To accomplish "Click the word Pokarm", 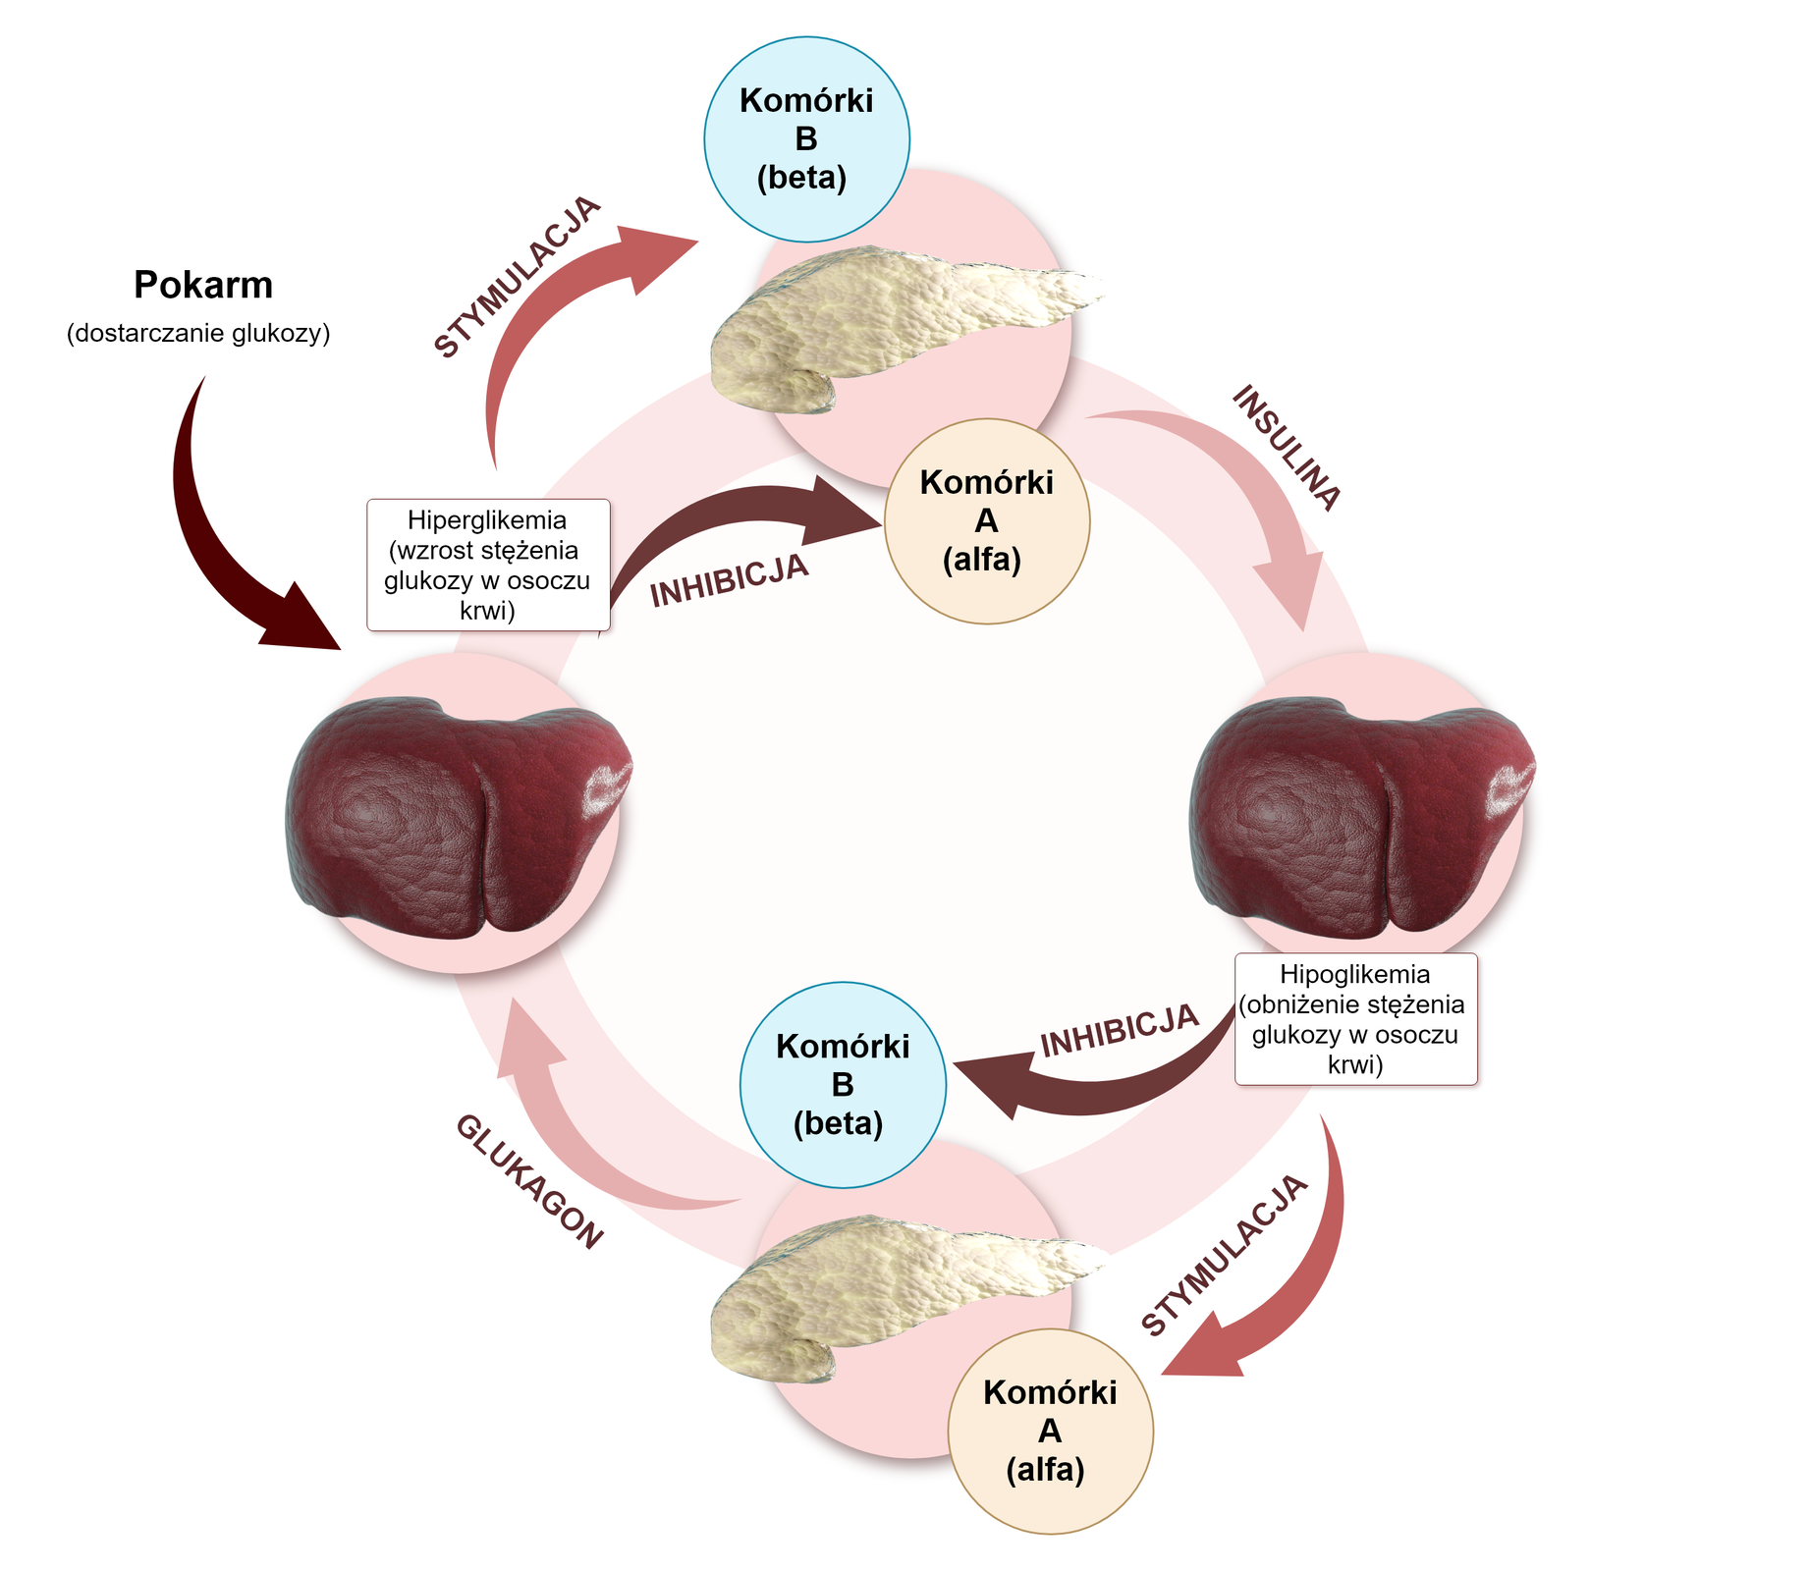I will (x=203, y=285).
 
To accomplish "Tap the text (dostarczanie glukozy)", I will (x=198, y=334).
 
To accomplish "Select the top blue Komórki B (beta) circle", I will (x=806, y=139).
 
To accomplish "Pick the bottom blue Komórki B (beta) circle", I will (x=843, y=1085).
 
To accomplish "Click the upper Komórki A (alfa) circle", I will (x=986, y=521).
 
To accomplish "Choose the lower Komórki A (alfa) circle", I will (x=1050, y=1431).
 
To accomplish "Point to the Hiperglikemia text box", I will (x=488, y=565).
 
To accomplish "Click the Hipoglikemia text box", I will (x=1355, y=1019).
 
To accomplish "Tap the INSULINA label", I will (x=1286, y=448).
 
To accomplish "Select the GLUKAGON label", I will (x=528, y=1182).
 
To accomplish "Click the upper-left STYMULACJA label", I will (x=517, y=278).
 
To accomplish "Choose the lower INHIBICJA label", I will (x=1120, y=1031).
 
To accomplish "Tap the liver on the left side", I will (x=457, y=815).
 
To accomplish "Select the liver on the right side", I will (x=1360, y=815).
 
